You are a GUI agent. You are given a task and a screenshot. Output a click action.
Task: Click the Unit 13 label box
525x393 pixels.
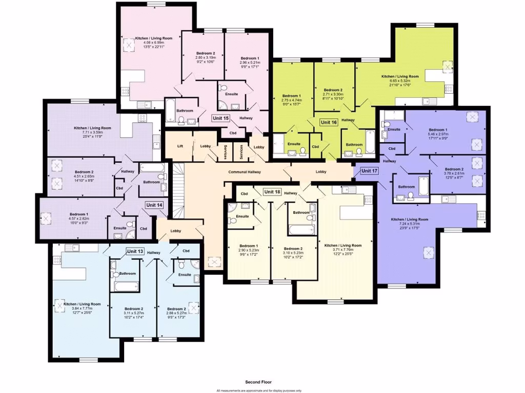135,251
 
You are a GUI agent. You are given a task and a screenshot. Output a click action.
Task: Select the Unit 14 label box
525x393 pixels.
154,205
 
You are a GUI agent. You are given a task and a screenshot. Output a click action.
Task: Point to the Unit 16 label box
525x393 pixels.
329,122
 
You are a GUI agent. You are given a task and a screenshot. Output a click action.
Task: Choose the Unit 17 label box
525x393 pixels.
369,170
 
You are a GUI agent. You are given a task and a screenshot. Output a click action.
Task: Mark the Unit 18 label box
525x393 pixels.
272,192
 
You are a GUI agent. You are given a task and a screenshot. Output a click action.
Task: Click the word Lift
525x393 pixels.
180,146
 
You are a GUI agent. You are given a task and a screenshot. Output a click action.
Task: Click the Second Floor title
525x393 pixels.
259,382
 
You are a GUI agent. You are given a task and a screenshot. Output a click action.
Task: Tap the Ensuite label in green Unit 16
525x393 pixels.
294,144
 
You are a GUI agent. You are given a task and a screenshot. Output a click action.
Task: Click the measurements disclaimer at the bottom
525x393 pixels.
259,390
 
